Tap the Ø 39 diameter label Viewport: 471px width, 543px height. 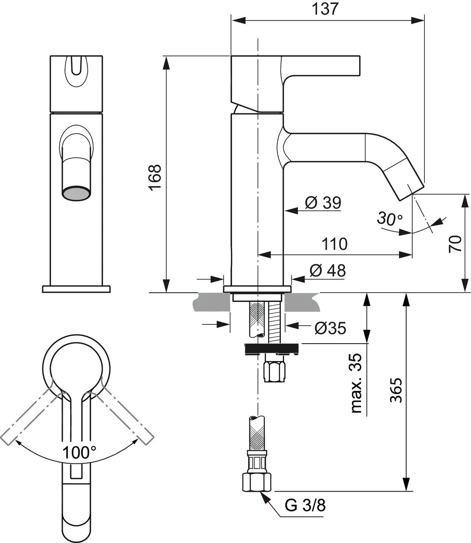(x=323, y=203)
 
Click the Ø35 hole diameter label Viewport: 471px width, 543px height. (x=330, y=328)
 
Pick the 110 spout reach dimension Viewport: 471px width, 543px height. (x=334, y=244)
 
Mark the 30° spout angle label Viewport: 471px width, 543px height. (x=389, y=218)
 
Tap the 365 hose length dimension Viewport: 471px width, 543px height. (x=396, y=390)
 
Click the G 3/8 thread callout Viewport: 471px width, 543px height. (x=305, y=506)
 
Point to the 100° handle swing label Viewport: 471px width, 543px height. (x=78, y=453)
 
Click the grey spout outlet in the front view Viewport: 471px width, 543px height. (x=77, y=194)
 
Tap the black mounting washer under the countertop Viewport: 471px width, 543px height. (x=272, y=348)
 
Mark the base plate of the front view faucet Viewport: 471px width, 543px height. (x=76, y=289)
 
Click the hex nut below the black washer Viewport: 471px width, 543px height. (x=274, y=371)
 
